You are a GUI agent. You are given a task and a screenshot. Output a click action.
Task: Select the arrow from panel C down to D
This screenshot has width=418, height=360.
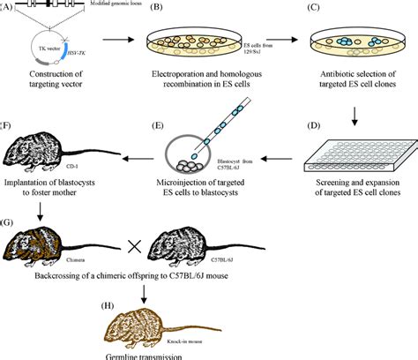click(356, 114)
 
